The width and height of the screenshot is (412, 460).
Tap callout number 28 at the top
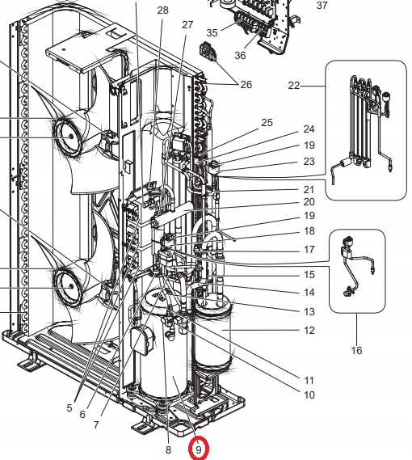pos(162,11)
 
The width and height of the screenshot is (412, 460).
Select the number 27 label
pos(187,25)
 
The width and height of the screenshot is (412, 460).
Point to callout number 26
pos(246,85)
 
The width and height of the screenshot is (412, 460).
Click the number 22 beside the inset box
pos(293,86)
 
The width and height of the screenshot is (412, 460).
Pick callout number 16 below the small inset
pos(356,350)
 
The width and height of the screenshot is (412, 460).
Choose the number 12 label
pos(309,330)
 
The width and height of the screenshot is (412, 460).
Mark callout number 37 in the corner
pos(322,6)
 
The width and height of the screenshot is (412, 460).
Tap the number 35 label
pos(212,32)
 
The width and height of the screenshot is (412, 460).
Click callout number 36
pos(240,55)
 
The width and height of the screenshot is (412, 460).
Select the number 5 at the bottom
pos(69,408)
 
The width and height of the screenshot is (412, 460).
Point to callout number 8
pos(168,450)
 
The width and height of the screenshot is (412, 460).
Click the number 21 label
pos(309,188)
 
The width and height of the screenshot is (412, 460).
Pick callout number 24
pos(309,129)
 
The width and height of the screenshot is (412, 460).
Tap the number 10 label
pos(309,395)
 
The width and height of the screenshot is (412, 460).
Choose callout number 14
pos(309,292)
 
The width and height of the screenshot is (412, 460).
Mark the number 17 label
pos(309,250)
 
